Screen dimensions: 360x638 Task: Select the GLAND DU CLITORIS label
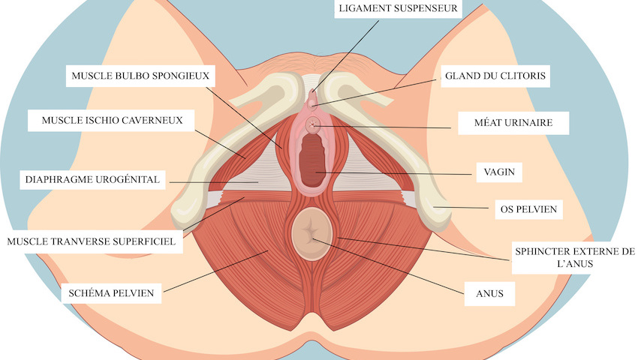tap(495, 76)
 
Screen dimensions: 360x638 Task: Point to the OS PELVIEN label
tap(528, 209)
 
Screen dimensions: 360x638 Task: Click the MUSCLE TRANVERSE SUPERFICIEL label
tap(91, 241)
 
